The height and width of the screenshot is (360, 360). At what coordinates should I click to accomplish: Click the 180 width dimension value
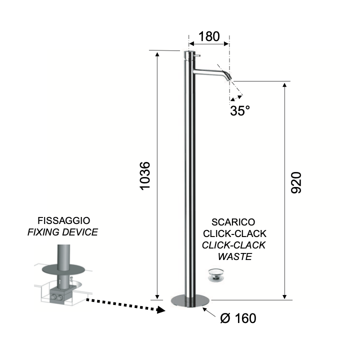tap(209, 36)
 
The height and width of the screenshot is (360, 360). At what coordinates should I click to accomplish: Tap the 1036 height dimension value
tap(145, 176)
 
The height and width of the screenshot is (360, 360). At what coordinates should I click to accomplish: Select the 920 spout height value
tap(296, 182)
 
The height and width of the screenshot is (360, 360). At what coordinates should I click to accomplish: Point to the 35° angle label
tap(240, 110)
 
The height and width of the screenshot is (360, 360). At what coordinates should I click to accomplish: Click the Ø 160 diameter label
tap(238, 318)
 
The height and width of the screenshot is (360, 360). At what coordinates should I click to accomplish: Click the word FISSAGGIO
tap(64, 220)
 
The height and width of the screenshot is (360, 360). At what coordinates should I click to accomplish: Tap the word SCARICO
tap(233, 222)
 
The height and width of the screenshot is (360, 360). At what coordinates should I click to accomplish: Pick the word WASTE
tap(235, 256)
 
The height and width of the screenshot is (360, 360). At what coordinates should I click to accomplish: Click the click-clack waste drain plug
tap(216, 275)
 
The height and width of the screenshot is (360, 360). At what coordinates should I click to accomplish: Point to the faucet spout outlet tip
tap(229, 79)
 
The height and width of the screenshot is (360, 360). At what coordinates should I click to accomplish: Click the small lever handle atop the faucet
tap(197, 55)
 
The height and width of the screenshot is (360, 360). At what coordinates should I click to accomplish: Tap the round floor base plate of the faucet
tap(190, 301)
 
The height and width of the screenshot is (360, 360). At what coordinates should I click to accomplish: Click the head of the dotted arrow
tap(161, 310)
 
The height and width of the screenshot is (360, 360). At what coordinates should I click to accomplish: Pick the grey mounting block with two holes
tap(61, 295)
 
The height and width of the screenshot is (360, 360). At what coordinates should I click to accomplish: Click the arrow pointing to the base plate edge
tap(209, 312)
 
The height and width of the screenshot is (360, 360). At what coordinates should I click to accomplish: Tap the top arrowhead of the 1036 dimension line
tap(157, 54)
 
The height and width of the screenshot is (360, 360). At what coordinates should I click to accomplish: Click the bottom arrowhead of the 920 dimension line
tap(284, 296)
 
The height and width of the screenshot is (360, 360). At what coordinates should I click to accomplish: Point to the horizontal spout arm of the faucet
tap(208, 72)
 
